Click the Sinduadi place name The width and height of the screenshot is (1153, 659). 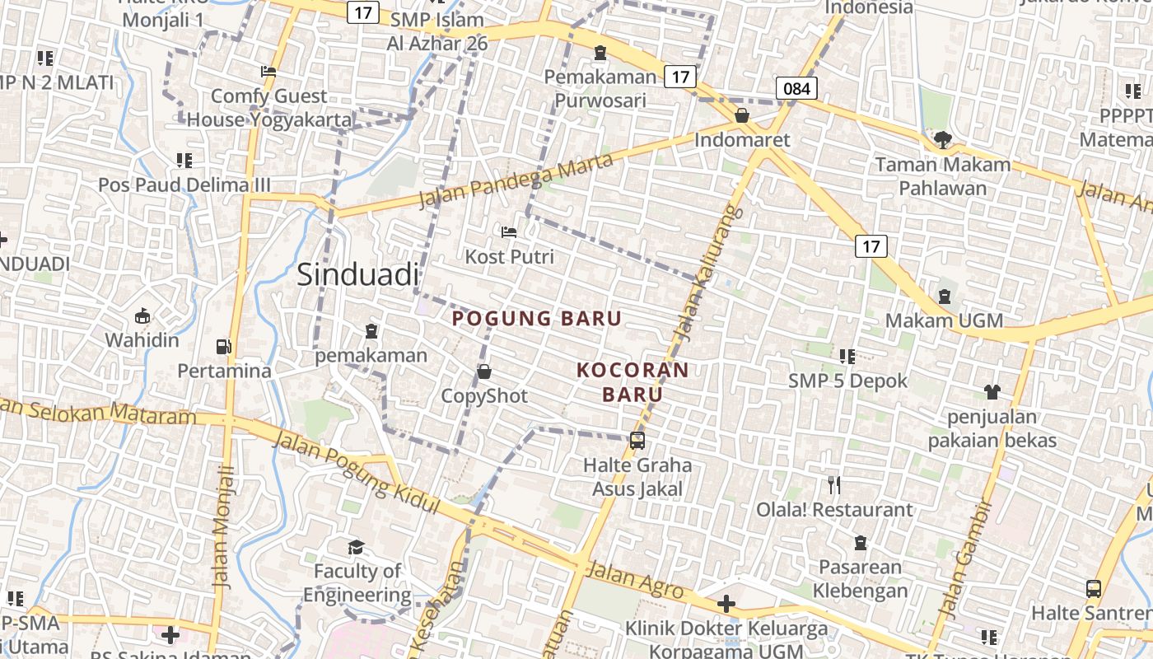357,274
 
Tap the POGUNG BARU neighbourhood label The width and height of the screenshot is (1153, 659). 537,319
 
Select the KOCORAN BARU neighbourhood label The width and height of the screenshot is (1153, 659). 633,382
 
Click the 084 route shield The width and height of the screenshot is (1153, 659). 796,88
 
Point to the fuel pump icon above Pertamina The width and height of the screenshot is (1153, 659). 223,347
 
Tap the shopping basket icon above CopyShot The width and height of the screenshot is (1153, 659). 484,372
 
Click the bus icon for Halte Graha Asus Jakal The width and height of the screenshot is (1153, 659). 637,441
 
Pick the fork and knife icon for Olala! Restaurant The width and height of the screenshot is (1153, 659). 834,485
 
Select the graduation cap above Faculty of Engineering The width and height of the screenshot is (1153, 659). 357,547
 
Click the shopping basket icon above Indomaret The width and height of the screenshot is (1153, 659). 742,115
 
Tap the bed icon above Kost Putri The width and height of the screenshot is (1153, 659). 509,232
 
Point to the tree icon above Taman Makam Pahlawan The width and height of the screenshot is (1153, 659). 943,140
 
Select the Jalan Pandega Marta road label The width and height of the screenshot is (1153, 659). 516,181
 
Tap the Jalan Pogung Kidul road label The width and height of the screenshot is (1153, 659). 356,474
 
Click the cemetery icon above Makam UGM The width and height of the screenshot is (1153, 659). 945,296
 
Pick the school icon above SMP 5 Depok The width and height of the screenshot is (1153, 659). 847,357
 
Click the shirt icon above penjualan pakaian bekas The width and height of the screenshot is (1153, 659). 992,392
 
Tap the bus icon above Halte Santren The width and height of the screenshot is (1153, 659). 1094,589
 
